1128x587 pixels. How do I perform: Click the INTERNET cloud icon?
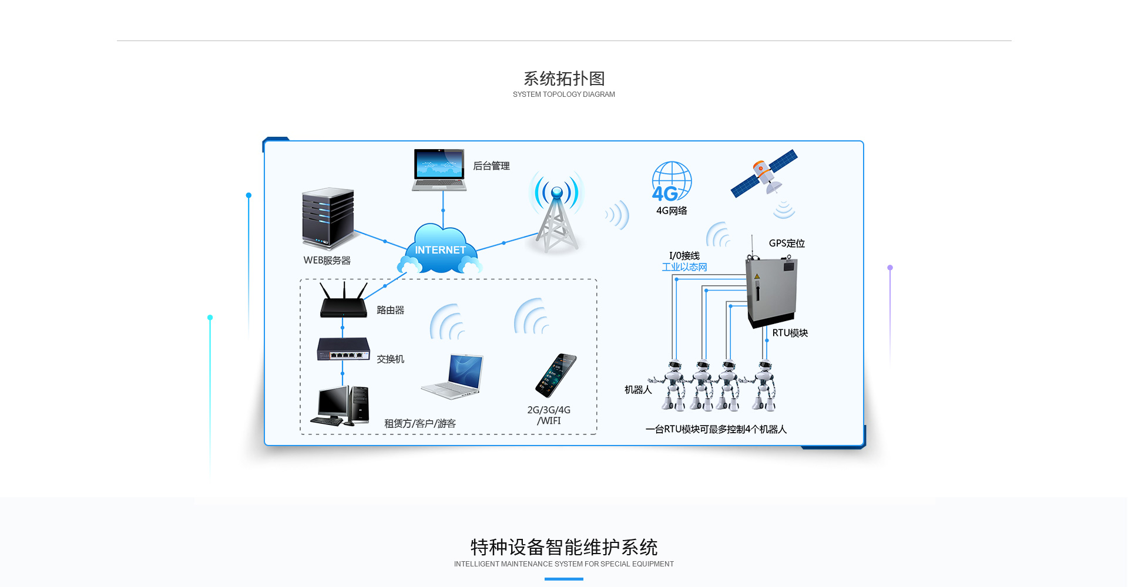(440, 249)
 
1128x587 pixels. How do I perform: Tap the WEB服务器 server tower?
(328, 218)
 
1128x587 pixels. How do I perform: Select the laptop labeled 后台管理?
(439, 169)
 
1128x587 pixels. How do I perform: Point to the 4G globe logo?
(672, 182)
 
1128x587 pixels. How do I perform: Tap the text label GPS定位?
(787, 244)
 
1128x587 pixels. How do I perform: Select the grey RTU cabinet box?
(771, 292)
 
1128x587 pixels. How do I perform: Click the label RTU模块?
(790, 333)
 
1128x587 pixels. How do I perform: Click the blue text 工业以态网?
(684, 267)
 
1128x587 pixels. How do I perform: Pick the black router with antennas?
(344, 302)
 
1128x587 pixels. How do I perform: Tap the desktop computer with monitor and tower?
(343, 405)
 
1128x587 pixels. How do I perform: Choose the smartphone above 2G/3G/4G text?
(556, 375)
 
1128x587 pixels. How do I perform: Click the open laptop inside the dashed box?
(453, 377)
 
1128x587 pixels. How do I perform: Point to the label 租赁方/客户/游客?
(420, 423)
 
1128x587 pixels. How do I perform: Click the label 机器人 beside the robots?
(638, 390)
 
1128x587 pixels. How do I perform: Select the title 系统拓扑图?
(564, 79)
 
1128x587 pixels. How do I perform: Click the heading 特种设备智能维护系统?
(564, 547)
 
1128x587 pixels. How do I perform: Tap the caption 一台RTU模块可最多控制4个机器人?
(716, 429)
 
